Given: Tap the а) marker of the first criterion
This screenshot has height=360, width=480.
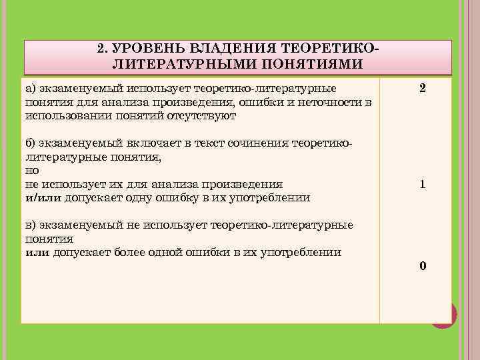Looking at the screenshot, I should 31,88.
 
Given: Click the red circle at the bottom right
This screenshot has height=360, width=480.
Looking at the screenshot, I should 444,315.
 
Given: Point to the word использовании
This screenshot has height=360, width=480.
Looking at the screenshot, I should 59,115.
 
